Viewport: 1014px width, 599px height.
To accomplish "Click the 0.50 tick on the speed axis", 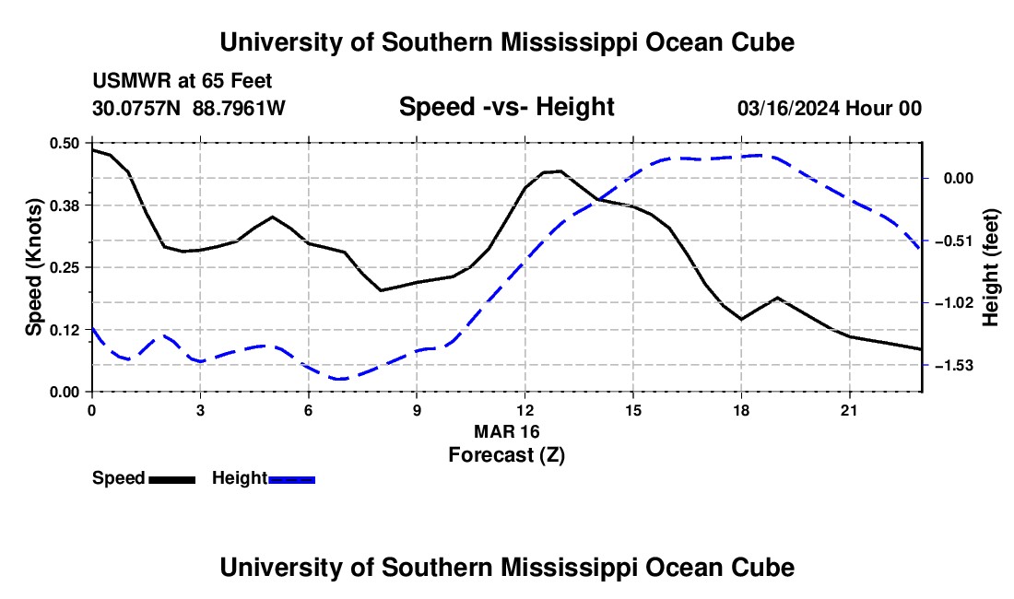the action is pos(64,143).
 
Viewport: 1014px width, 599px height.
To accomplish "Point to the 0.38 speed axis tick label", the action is pos(64,206).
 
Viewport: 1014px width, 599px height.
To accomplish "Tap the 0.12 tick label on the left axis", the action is pos(64,330).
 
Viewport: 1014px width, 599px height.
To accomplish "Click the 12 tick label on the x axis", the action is pos(525,410).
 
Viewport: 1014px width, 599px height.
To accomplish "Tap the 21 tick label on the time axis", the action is pos(849,410).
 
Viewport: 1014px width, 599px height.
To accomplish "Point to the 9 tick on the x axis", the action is pos(417,410).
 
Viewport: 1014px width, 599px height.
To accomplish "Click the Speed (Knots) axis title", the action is pos(33,267).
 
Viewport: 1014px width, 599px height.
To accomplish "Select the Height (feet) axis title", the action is pos(991,267).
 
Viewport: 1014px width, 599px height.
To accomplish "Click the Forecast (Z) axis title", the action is pos(507,455).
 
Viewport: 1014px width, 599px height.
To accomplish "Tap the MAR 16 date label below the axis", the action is pos(507,431).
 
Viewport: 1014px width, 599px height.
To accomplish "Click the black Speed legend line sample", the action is pos(172,480).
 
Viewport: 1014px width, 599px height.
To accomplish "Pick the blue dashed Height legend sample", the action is pos(291,480).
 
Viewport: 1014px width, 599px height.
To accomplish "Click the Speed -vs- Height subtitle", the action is pos(507,107).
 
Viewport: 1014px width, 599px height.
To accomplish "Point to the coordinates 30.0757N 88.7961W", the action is pos(189,108).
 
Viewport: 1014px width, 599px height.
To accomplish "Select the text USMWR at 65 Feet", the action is pos(183,81).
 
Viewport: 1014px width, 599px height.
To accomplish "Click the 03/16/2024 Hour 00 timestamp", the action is pos(830,108).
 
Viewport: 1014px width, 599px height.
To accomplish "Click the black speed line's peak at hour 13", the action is pos(560,171).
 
